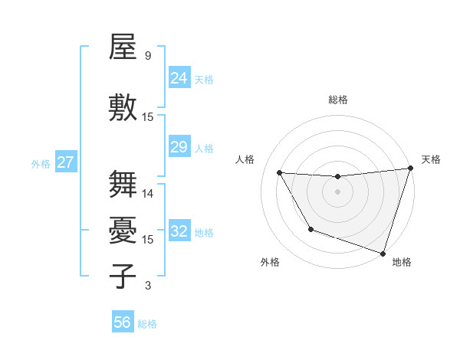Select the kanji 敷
tap(123, 109)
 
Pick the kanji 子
tap(123, 277)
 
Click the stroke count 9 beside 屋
tap(147, 55)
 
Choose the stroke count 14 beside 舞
tap(148, 194)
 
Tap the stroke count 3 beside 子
tap(147, 286)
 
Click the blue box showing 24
tap(179, 77)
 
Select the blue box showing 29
tap(179, 147)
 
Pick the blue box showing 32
tap(179, 231)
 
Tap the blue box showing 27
tap(65, 162)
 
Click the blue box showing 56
tap(122, 322)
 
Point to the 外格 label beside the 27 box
tap(41, 163)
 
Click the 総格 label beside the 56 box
tap(147, 324)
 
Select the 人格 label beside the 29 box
tap(204, 148)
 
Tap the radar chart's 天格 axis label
tap(431, 159)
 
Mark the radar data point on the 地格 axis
tap(383, 253)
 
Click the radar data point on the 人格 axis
tap(280, 173)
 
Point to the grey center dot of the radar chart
tap(337, 191)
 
